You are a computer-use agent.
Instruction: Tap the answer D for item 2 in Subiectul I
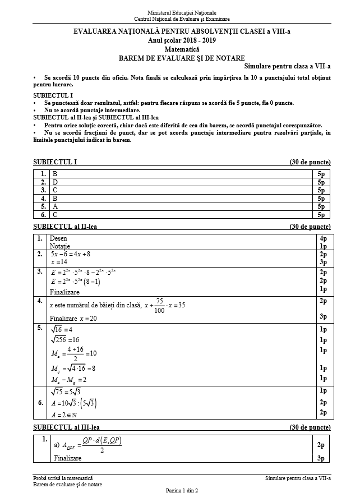pyautogui.click(x=55, y=182)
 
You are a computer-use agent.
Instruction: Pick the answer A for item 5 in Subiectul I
pyautogui.click(x=55, y=206)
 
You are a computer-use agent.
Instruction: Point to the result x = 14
pyautogui.click(x=59, y=262)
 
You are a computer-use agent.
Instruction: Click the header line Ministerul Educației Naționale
pyautogui.click(x=182, y=12)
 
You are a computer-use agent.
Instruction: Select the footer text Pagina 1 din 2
pyautogui.click(x=182, y=490)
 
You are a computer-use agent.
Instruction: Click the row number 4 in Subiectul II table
pyautogui.click(x=40, y=301)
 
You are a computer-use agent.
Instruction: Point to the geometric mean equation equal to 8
pyautogui.click(x=73, y=368)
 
